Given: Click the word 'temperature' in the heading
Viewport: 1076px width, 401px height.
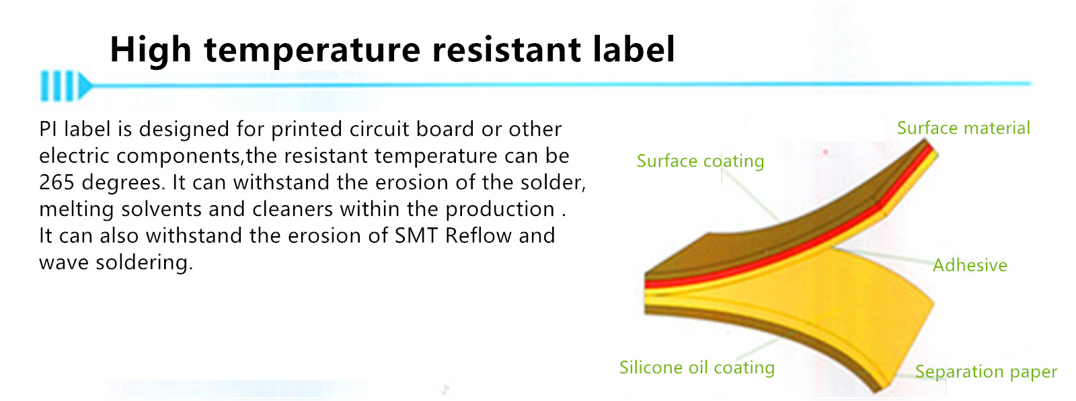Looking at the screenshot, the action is (x=312, y=50).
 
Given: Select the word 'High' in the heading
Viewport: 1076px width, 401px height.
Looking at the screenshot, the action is (x=151, y=50).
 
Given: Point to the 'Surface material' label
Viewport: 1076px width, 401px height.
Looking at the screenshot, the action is (x=964, y=128).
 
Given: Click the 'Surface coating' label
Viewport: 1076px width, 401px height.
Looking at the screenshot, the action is (x=700, y=161).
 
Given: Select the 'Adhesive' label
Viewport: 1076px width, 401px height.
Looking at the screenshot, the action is (x=970, y=265).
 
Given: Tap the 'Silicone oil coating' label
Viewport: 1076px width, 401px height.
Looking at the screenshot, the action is (x=697, y=367).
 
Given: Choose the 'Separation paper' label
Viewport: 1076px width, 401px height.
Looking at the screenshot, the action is (x=986, y=371).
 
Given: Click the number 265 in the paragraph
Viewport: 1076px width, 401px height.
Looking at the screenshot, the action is (x=56, y=182).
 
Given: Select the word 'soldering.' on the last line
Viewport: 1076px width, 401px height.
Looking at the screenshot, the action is (x=144, y=262).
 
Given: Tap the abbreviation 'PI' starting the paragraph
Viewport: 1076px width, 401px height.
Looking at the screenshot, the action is (x=48, y=129).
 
